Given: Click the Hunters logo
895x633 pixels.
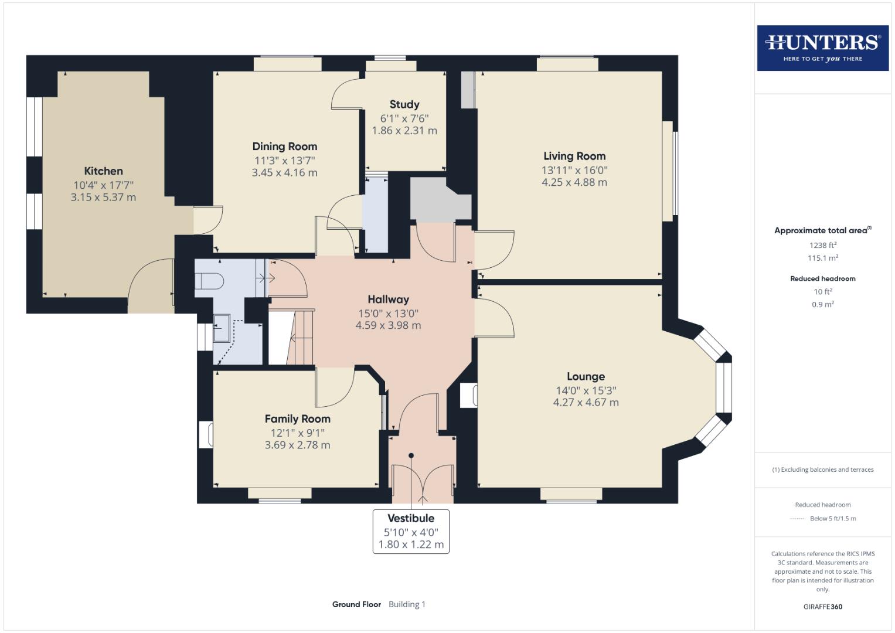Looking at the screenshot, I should (822, 47).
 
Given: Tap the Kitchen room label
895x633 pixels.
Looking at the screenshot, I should (103, 171).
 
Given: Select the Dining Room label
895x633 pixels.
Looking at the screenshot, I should (284, 147).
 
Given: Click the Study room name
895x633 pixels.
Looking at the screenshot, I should (404, 104).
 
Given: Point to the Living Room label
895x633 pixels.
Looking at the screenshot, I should (574, 156).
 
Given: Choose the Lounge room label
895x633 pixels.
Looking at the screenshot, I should (586, 376).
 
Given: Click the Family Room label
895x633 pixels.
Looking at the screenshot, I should (297, 418).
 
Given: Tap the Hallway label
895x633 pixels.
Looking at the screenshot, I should (388, 300).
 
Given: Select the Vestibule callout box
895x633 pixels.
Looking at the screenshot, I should (411, 531).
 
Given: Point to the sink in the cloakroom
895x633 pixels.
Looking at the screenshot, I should (222, 328).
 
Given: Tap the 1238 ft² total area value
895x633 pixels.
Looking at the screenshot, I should (822, 245).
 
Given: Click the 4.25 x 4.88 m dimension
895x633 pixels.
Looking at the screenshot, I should (574, 182).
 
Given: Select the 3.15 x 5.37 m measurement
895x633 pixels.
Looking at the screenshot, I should (103, 198).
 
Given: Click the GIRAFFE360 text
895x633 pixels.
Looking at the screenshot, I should (822, 607).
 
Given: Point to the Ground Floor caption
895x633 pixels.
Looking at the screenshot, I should (356, 604).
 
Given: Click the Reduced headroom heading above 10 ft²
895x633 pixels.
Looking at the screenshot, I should (822, 278).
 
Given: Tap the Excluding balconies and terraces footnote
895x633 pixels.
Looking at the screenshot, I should (822, 469).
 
